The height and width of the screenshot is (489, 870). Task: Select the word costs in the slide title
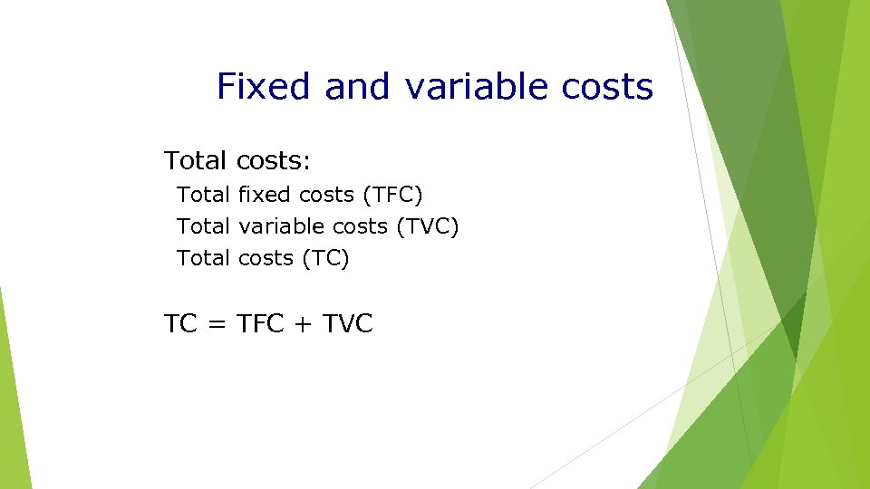tap(607, 87)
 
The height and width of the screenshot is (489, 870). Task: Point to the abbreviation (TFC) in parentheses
tap(392, 195)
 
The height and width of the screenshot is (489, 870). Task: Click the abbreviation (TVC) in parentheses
tap(428, 226)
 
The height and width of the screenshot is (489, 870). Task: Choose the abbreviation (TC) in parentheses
tap(324, 258)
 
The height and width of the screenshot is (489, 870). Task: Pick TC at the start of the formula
tap(180, 324)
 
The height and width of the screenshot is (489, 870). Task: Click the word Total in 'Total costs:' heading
tap(196, 161)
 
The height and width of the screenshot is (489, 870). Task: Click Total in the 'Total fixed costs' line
tap(204, 195)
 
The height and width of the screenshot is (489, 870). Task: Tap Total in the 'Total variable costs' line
tap(204, 226)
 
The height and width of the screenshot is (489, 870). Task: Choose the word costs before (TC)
tap(266, 258)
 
